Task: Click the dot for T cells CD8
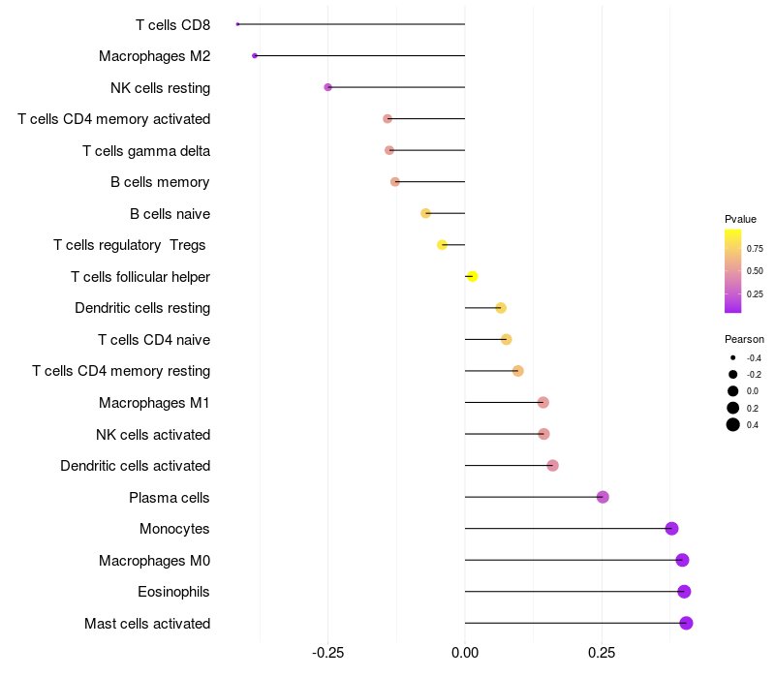click(x=237, y=24)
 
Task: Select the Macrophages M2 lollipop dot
click(x=255, y=56)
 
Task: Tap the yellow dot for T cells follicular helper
click(x=472, y=276)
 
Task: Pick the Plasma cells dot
click(x=603, y=497)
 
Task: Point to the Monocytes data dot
click(x=671, y=528)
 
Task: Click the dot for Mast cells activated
click(x=686, y=623)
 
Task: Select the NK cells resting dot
click(x=327, y=87)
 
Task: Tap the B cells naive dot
click(x=425, y=213)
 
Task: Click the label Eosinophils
click(x=173, y=592)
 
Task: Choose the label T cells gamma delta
click(x=146, y=151)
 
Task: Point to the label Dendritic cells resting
click(x=142, y=308)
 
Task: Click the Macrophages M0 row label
click(x=154, y=561)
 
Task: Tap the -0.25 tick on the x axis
click(x=327, y=653)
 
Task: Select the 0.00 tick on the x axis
click(x=465, y=653)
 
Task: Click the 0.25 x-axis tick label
click(x=602, y=653)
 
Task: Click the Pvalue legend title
click(x=740, y=219)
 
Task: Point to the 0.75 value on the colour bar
click(x=755, y=249)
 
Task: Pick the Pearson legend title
click(x=744, y=339)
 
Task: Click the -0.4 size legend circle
click(x=733, y=357)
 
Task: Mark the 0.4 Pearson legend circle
click(x=733, y=424)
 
